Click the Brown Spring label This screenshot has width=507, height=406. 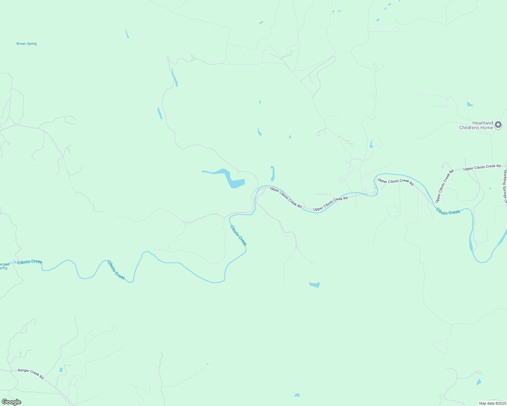click(27, 44)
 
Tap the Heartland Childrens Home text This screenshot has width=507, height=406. click(476, 125)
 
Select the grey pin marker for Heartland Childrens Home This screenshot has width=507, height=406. click(498, 125)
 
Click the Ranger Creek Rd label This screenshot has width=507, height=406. click(31, 374)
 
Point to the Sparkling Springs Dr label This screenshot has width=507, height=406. click(505, 186)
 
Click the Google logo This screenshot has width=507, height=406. click(11, 402)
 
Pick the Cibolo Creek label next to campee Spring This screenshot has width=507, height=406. click(30, 262)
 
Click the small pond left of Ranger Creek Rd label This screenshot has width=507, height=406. click(61, 370)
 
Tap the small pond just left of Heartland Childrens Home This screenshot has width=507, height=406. click(470, 104)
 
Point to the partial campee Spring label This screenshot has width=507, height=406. click(4, 266)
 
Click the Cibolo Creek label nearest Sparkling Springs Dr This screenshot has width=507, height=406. click(448, 211)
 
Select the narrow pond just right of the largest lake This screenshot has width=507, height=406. click(272, 174)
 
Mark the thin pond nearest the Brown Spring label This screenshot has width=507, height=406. click(127, 34)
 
